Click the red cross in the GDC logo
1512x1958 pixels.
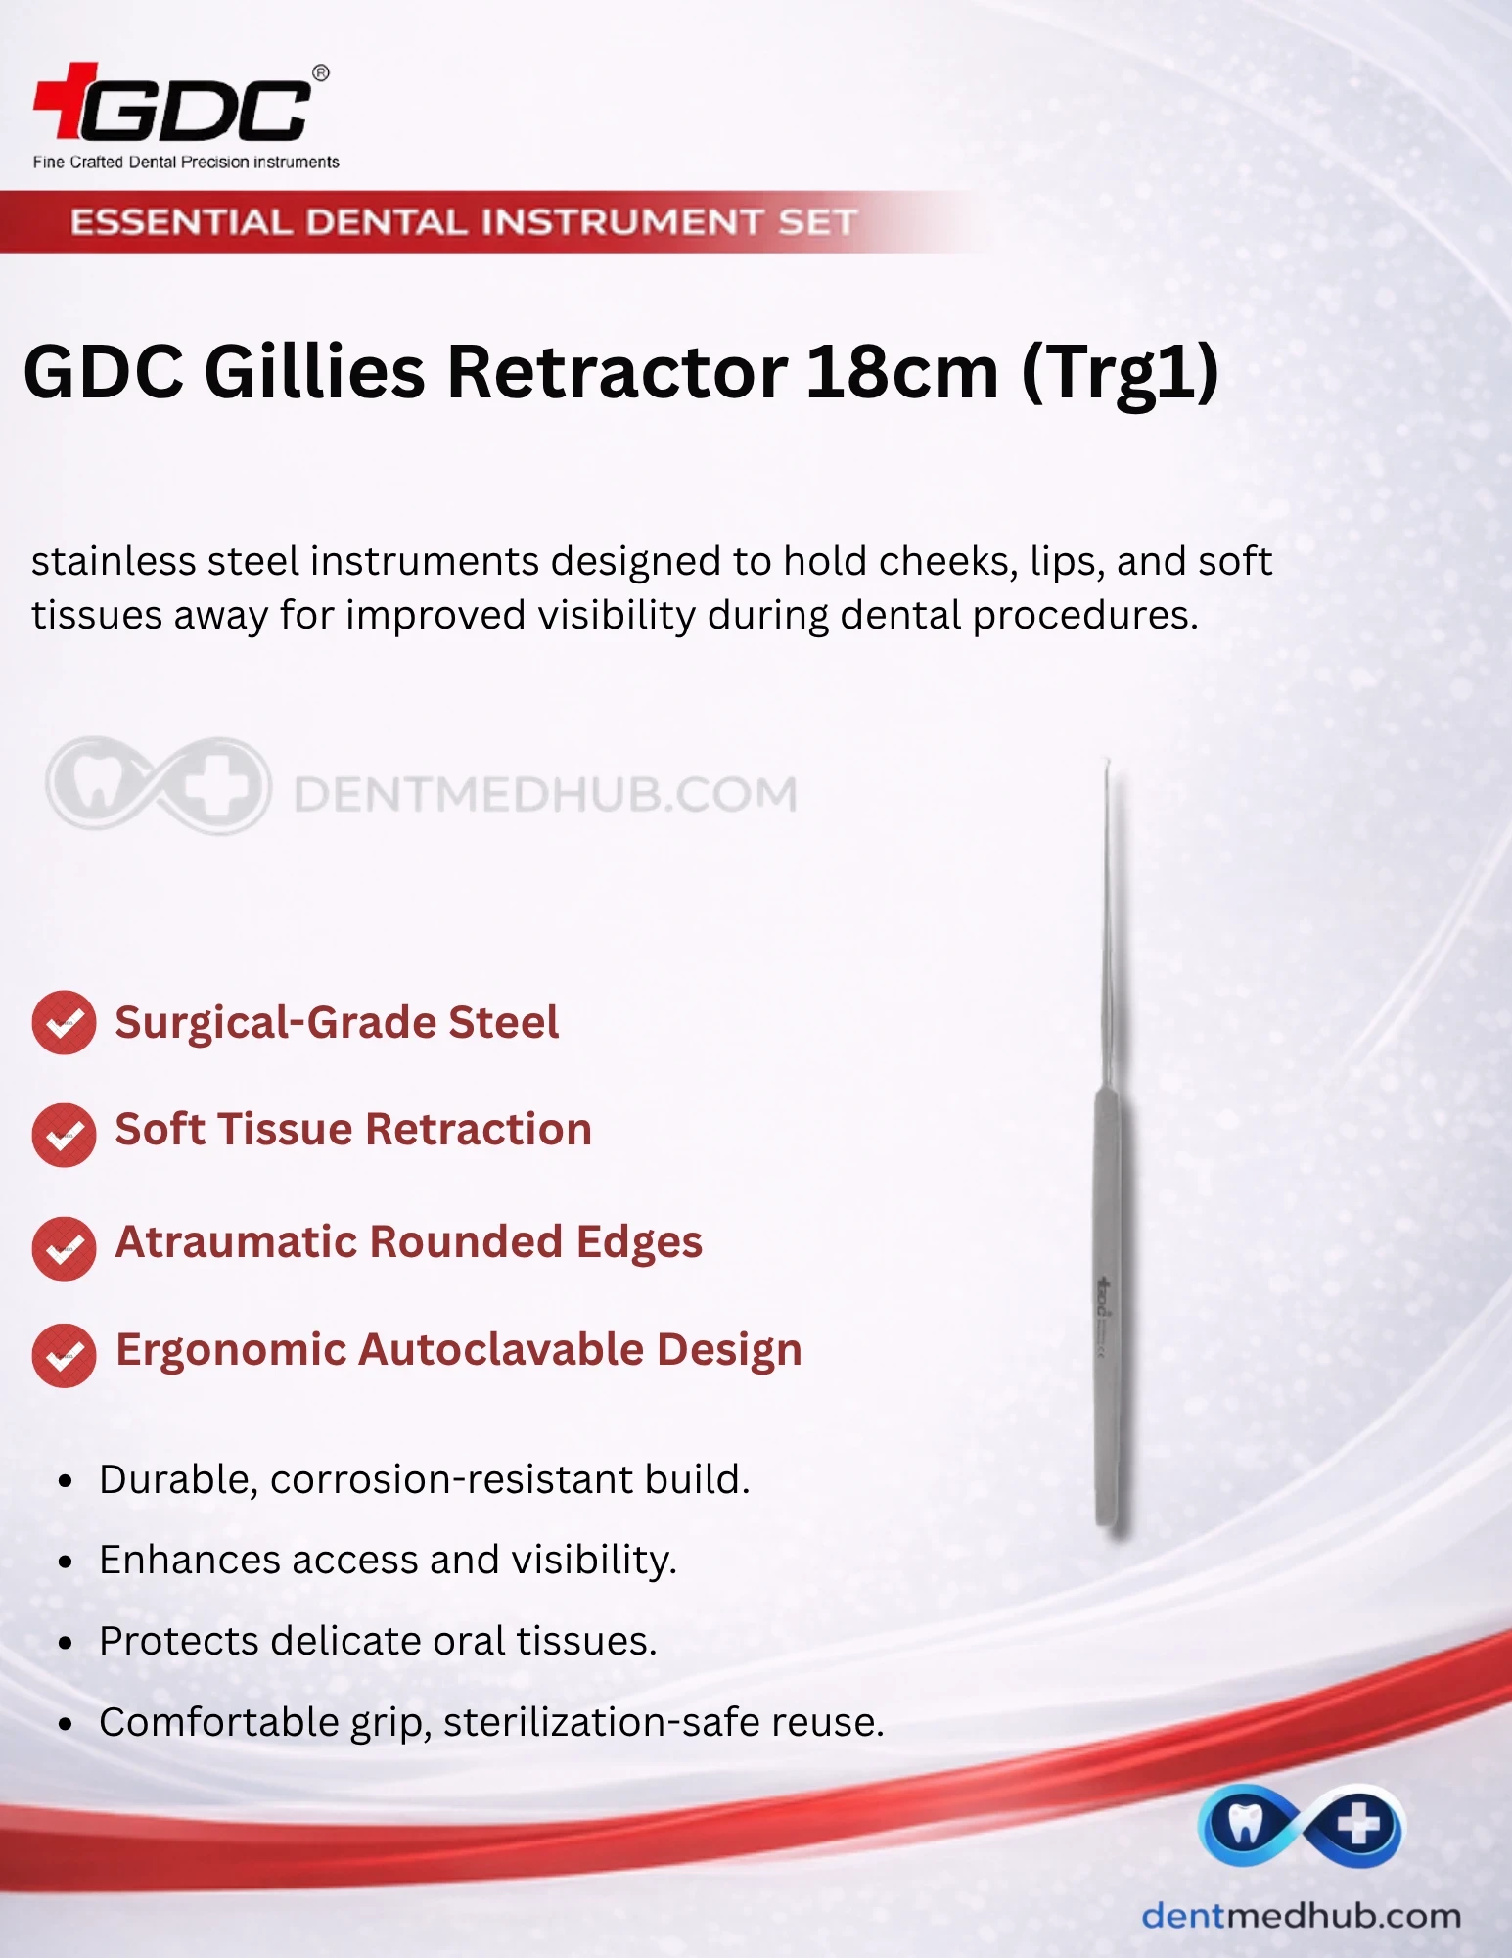coord(65,100)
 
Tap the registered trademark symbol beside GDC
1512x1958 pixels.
coord(320,72)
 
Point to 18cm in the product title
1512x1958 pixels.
coord(902,372)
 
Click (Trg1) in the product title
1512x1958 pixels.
coord(1121,374)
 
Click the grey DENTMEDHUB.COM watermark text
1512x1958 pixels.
coord(545,794)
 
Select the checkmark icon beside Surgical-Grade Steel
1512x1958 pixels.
coord(64,1022)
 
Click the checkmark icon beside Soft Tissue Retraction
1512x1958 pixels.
coord(64,1135)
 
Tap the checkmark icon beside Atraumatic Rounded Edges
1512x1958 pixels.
coord(64,1248)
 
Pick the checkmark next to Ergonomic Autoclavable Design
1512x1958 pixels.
coord(64,1355)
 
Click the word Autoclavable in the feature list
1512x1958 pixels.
coord(502,1349)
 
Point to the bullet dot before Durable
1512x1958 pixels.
coord(66,1481)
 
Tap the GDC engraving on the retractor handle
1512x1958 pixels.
coord(1102,1296)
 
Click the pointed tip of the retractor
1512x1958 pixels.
coord(1107,761)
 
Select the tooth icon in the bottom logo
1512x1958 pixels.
coord(1244,1825)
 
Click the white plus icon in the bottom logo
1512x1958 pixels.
coord(1358,1825)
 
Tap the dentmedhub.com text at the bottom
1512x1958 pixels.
coord(1302,1916)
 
